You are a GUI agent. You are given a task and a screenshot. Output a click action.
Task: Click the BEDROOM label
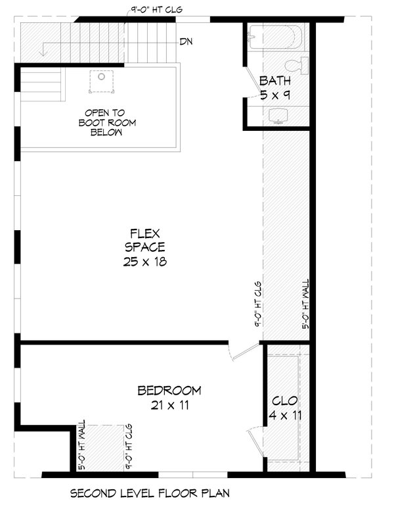(169, 391)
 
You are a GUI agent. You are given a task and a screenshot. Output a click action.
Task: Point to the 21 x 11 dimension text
(169, 405)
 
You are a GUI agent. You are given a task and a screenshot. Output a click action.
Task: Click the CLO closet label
(285, 401)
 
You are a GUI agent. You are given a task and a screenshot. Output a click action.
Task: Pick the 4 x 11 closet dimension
(285, 416)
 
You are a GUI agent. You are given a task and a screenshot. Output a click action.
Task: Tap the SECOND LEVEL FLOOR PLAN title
(149, 493)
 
